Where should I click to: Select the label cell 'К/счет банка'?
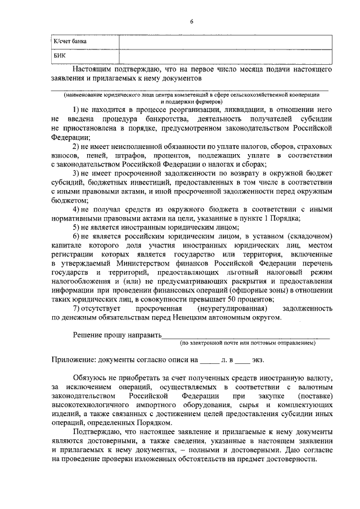pos(69,42)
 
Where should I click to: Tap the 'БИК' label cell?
pos(59,57)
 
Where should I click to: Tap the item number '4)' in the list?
pos(76,210)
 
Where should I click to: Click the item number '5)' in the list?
pos(76,227)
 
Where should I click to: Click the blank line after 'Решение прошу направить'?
pos(245,336)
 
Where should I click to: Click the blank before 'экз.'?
pos(242,361)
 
